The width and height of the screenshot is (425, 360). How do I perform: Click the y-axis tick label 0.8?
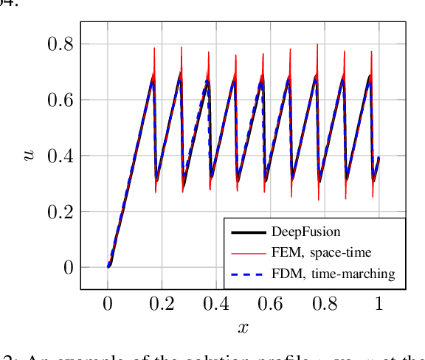click(60, 44)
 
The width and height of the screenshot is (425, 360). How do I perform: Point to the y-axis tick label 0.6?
click(60, 100)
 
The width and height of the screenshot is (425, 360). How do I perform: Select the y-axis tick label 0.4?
click(60, 156)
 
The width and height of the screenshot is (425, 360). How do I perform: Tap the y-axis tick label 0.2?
click(60, 212)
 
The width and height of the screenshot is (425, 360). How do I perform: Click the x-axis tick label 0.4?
click(217, 302)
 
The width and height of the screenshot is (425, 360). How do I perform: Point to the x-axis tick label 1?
click(379, 302)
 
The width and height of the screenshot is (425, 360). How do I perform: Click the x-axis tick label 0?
click(108, 302)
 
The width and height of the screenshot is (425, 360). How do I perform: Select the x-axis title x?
click(243, 327)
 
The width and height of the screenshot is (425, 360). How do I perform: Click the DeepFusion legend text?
click(305, 232)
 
